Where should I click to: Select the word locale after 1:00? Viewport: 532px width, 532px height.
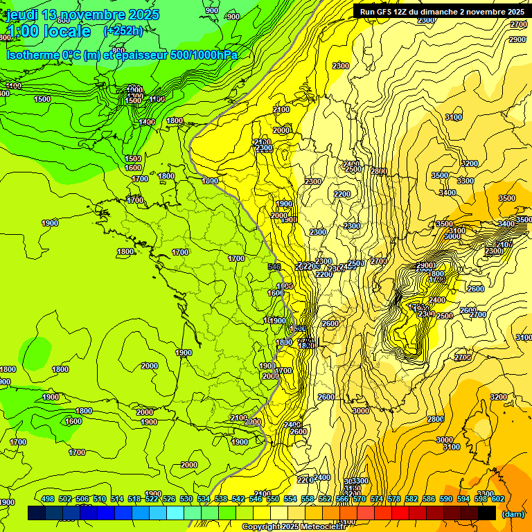pyautogui.click(x=66, y=31)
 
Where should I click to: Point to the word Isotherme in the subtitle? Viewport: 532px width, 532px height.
pyautogui.click(x=32, y=55)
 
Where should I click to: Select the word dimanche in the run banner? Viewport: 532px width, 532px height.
pyautogui.click(x=443, y=11)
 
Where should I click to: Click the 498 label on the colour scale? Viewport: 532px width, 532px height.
pyautogui.click(x=48, y=499)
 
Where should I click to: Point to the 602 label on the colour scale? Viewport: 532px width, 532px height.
pyautogui.click(x=498, y=499)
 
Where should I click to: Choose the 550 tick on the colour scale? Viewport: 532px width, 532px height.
pyautogui.click(x=273, y=499)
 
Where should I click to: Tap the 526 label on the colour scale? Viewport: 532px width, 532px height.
pyautogui.click(x=169, y=499)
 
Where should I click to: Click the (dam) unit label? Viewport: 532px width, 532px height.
pyautogui.click(x=513, y=513)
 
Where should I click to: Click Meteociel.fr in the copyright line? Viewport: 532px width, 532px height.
pyautogui.click(x=326, y=527)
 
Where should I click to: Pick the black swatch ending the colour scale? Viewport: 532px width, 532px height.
pyautogui.click(x=487, y=513)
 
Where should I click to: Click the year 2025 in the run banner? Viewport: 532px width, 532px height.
pyautogui.click(x=515, y=11)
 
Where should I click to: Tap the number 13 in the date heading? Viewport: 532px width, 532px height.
pyautogui.click(x=49, y=15)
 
